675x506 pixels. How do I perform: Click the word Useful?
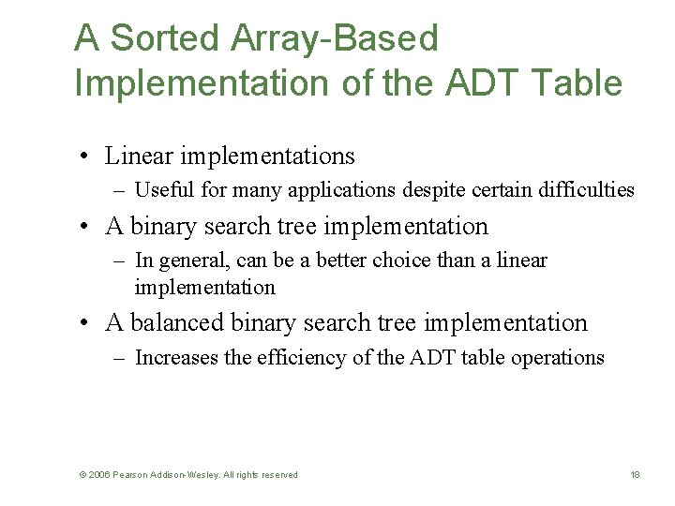(x=163, y=190)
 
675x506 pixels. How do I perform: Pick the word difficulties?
(x=587, y=190)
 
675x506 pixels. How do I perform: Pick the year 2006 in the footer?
(x=99, y=475)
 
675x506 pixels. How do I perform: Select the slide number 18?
(x=635, y=475)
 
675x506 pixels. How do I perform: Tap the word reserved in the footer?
(x=278, y=475)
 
